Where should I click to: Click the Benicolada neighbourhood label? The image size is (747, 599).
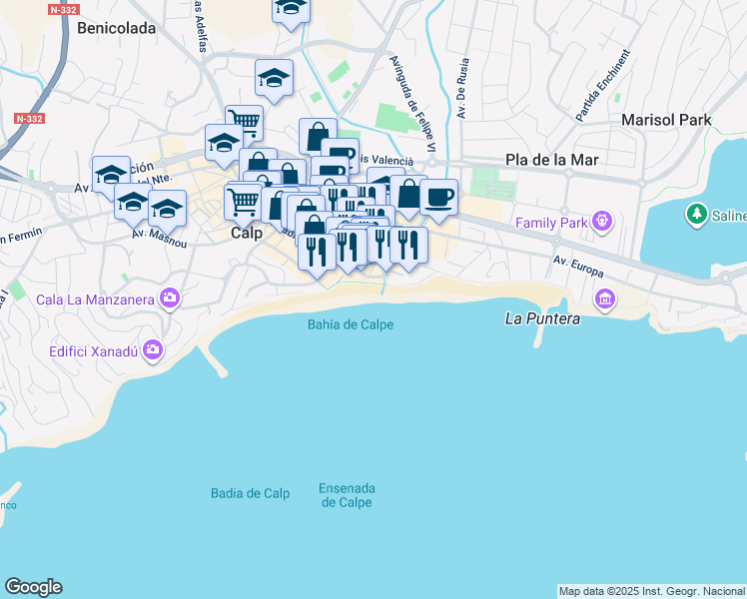tap(117, 28)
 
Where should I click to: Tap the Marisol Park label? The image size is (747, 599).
tap(666, 120)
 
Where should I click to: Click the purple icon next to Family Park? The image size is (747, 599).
tap(601, 220)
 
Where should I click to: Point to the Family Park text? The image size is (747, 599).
tap(551, 223)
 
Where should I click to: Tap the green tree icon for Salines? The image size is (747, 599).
tap(696, 214)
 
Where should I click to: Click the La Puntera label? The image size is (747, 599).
tap(542, 319)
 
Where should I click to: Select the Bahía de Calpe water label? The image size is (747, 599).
tap(351, 324)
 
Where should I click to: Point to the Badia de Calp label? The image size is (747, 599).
tap(251, 493)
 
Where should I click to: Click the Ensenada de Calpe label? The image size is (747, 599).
tap(347, 495)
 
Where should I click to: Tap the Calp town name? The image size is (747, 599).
tap(247, 233)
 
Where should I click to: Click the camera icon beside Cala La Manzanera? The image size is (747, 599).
tap(170, 297)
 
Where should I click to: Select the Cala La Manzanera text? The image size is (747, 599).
tap(95, 299)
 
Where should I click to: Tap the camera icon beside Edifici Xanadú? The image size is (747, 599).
tap(153, 349)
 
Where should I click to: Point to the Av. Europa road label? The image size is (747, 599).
tap(580, 267)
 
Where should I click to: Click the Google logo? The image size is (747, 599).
tap(33, 587)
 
